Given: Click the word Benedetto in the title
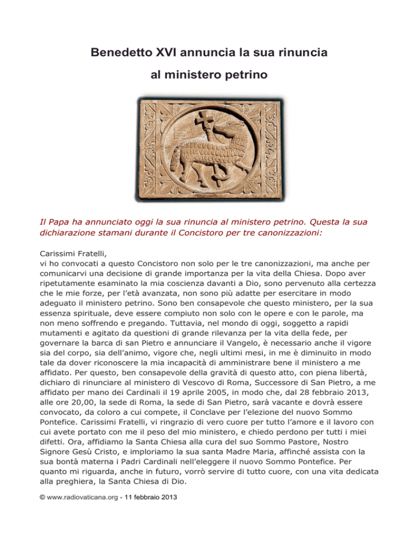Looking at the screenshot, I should [118, 53].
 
